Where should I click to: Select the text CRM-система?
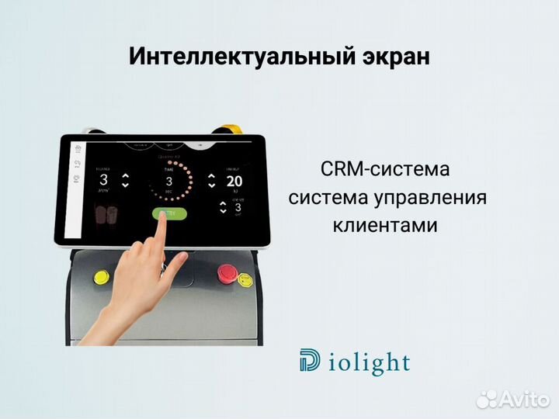click(384, 169)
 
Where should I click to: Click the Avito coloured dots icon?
click(486, 399)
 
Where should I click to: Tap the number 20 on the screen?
click(234, 182)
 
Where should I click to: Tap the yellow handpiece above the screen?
click(230, 130)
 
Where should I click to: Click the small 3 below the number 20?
click(238, 207)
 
